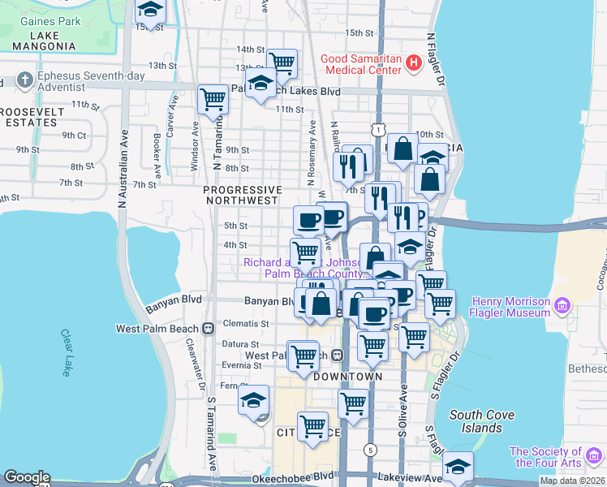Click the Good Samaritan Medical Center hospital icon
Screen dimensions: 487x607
point(413,62)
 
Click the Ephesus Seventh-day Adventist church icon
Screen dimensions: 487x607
point(23,81)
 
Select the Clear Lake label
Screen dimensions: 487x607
point(67,352)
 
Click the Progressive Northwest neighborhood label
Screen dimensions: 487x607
point(243,194)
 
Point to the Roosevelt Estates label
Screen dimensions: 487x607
point(30,117)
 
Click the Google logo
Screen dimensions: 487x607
point(27,477)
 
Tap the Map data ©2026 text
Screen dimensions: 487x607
point(571,481)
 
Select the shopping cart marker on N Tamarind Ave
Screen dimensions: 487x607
point(213,99)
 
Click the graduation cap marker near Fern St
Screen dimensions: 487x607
point(253,399)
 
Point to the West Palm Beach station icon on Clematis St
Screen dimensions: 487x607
point(209,329)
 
